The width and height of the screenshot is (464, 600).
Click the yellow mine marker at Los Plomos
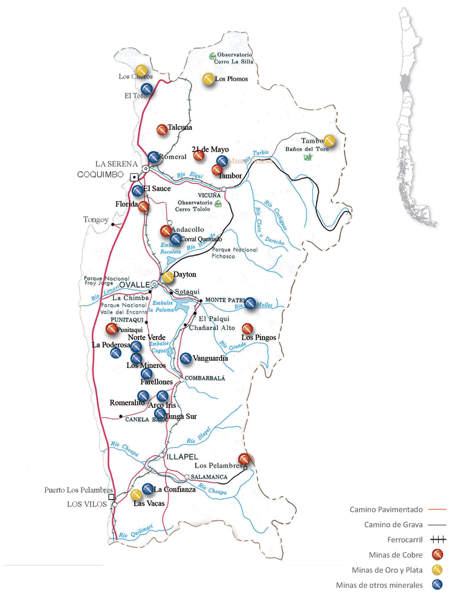tap(208, 79)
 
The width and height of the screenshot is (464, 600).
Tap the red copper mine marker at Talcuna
tap(162, 130)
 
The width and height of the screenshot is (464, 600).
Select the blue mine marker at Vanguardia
tap(186, 358)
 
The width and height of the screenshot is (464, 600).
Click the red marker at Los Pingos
tap(246, 329)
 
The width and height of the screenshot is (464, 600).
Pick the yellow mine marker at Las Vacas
tap(137, 495)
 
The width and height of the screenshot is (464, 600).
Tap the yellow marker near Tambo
tap(330, 141)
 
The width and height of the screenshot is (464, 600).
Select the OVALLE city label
tap(134, 284)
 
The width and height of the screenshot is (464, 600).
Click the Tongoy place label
tap(95, 220)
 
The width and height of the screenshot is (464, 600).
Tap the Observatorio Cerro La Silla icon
tap(212, 56)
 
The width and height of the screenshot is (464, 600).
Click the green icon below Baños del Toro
tap(308, 157)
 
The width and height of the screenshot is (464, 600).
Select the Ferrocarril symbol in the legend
tap(436, 540)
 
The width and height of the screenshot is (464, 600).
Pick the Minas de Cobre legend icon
tap(436, 555)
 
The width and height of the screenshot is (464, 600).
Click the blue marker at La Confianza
tap(148, 489)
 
